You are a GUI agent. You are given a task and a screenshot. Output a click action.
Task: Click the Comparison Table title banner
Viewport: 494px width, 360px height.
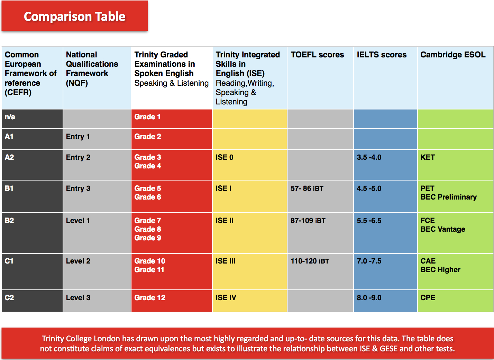74,16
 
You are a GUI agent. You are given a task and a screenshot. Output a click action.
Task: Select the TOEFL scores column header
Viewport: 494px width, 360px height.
317,54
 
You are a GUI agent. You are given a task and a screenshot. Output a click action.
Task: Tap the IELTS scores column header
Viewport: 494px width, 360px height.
382,54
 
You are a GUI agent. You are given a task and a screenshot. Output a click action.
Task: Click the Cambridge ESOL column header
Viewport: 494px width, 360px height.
453,54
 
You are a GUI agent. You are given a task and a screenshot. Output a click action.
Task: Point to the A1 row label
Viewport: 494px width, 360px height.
9,137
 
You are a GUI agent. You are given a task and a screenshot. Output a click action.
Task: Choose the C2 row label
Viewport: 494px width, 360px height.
9,298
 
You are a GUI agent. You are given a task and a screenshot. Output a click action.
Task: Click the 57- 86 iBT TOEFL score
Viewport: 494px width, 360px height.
307,188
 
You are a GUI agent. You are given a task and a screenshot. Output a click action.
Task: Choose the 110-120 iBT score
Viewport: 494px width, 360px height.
310,261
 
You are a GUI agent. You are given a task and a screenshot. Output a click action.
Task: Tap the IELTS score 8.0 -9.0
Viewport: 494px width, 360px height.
369,298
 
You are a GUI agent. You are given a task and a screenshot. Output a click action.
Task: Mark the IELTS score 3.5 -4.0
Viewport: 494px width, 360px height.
369,157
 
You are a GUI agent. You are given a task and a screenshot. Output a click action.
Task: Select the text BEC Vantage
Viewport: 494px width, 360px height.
442,229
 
